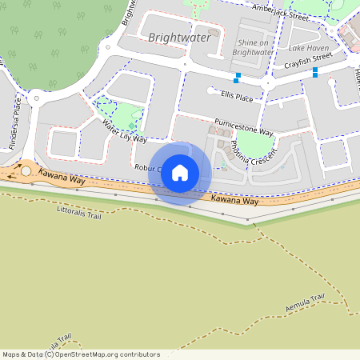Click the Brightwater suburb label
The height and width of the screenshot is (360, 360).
[180, 38]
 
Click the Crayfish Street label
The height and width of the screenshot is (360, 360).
[310, 58]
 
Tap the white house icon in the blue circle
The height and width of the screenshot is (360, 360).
[180, 173]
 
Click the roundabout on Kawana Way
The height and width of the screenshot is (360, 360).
[26, 170]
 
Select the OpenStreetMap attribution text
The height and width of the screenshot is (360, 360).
[80, 354]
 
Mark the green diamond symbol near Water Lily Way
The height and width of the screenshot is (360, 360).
[132, 126]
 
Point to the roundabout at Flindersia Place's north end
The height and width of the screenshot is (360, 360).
[35, 98]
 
